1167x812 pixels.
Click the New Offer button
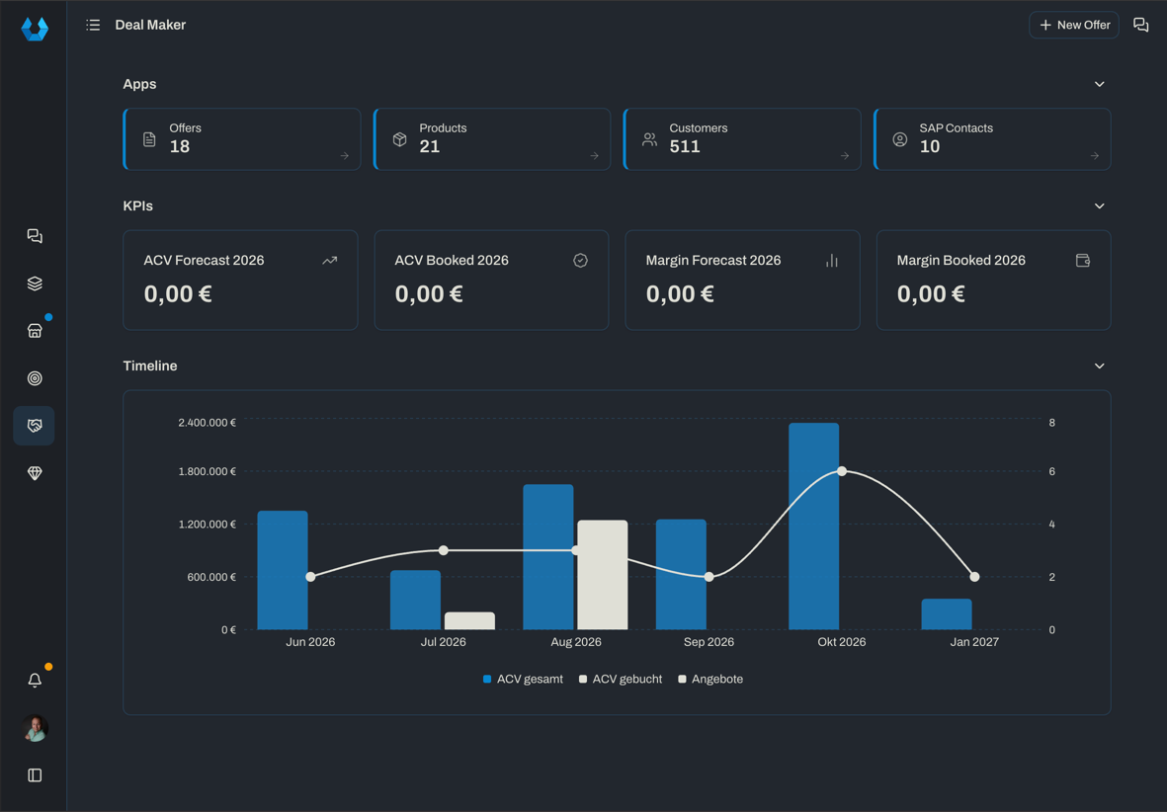[x=1073, y=25]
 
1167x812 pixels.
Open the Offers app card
[x=242, y=139]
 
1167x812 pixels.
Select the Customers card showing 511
[x=742, y=139]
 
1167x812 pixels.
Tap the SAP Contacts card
[x=992, y=139]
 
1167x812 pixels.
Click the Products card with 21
[x=492, y=139]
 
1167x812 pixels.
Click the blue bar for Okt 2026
[x=813, y=527]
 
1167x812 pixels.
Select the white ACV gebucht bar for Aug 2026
[x=602, y=575]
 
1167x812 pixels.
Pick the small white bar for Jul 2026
[x=469, y=620]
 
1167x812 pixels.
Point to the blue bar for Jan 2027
[x=947, y=614]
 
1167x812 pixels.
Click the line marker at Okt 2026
[x=842, y=471]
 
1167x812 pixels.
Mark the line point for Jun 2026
[x=310, y=577]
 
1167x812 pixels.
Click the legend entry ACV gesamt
[x=523, y=679]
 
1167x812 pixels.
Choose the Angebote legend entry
[x=710, y=679]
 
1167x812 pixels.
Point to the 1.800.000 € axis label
[x=207, y=471]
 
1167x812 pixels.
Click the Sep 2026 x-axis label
[x=709, y=641]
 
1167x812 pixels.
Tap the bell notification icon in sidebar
[x=35, y=681]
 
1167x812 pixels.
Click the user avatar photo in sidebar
[x=35, y=728]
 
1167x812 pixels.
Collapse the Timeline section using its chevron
[x=1099, y=366]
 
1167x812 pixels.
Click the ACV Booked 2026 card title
[x=451, y=261]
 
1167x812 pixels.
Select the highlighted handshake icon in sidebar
[x=35, y=426]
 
